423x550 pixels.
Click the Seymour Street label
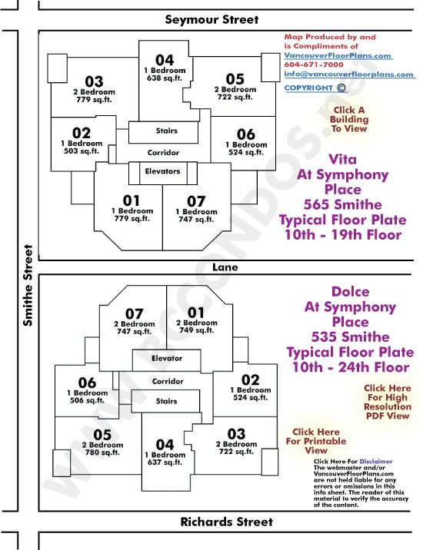coord(211,19)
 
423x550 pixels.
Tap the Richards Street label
coord(226,522)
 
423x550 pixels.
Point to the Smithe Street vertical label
coord(28,285)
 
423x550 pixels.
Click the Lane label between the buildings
coord(225,267)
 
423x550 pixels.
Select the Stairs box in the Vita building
coord(163,132)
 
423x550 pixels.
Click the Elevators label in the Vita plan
coord(162,171)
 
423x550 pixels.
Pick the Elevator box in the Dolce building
coord(167,360)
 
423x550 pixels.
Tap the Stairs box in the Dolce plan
coord(165,401)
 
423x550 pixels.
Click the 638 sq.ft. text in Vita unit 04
coord(165,78)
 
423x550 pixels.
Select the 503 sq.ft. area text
coord(82,151)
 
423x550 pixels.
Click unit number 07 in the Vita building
coord(195,201)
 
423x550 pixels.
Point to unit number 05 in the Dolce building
coord(102,435)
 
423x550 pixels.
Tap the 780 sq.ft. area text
coord(102,452)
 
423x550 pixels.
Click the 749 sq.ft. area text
coord(196,330)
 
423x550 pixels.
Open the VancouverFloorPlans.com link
coord(338,55)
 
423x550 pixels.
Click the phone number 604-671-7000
coord(314,65)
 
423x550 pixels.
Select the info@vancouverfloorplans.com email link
coord(349,74)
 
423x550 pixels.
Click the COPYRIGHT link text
coord(308,88)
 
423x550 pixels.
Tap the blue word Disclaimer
coord(376,461)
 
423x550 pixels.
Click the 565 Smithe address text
coord(343,204)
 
